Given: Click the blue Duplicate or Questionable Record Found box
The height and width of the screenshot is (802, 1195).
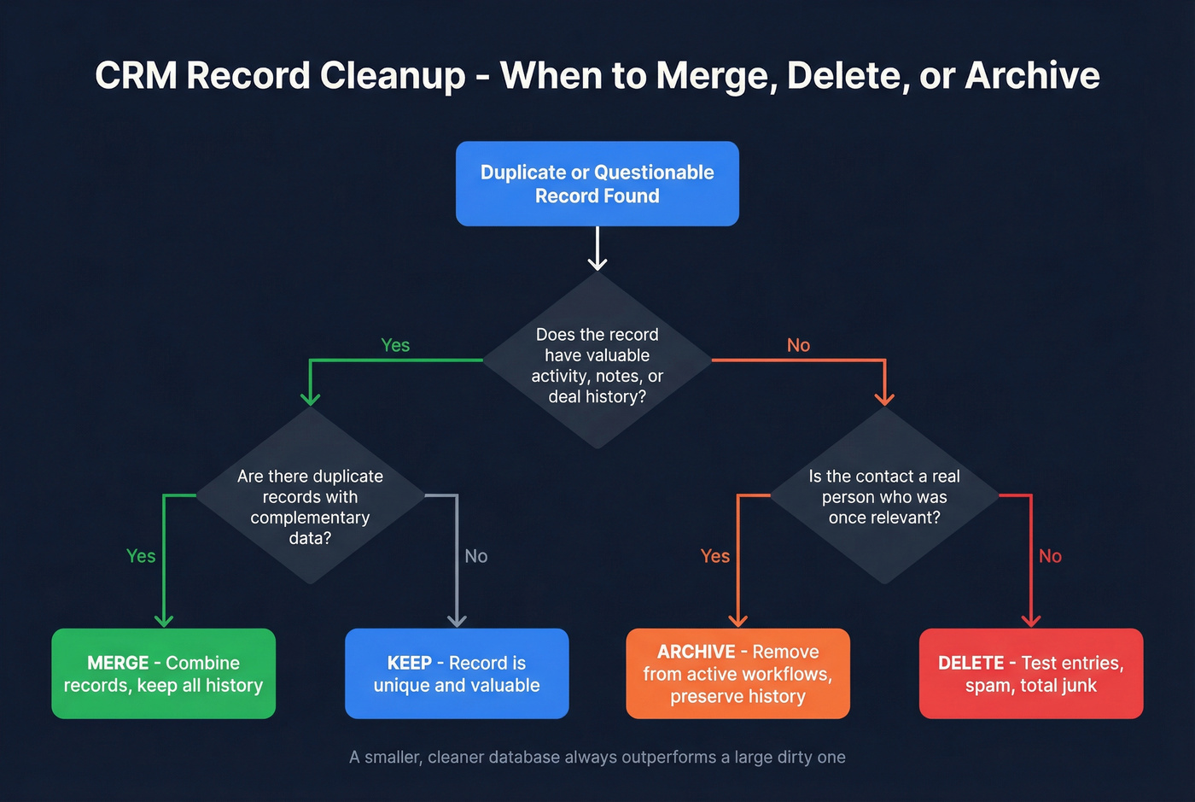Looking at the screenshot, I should (x=597, y=184).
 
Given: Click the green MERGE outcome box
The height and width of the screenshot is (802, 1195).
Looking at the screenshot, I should (x=163, y=674).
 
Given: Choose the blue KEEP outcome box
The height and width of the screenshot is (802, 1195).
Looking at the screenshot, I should (x=457, y=674).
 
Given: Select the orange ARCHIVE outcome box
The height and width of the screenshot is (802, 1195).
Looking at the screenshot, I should (x=737, y=674).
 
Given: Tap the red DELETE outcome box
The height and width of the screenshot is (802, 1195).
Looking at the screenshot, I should (x=1030, y=674).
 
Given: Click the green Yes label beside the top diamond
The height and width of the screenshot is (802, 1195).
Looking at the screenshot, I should (x=395, y=345).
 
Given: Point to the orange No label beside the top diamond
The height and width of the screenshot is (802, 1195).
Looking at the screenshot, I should (x=798, y=345).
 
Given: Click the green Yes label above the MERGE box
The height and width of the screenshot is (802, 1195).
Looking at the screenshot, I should (x=141, y=556).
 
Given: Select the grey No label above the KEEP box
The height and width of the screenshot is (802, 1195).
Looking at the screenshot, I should (x=475, y=556).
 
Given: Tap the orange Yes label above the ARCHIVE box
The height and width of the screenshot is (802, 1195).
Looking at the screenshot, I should (x=714, y=556).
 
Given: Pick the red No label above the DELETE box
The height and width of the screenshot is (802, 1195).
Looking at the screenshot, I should (x=1050, y=556).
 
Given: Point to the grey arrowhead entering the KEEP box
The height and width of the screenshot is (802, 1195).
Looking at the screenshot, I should (x=457, y=620).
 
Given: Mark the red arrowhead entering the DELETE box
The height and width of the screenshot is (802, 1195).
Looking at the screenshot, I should (x=1031, y=620).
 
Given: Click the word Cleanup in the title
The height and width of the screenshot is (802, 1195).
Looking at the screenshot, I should (x=393, y=76).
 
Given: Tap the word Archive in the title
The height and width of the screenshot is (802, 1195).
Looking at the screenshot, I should (x=1032, y=76).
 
